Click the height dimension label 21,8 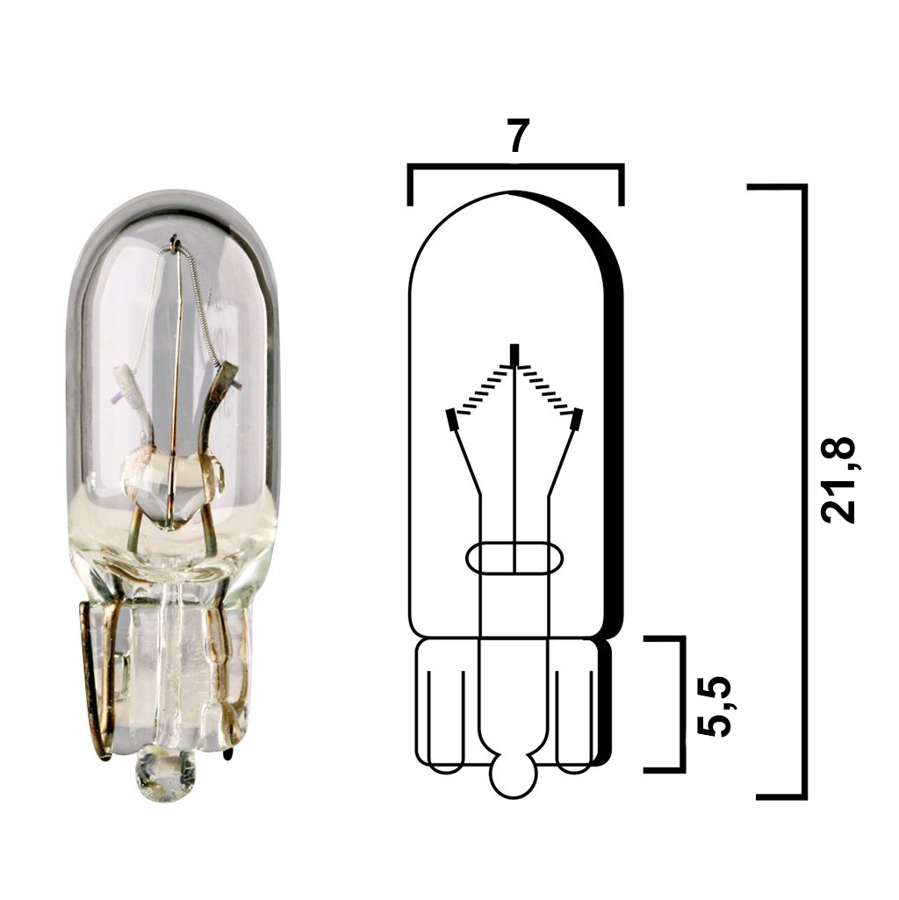pos(838,480)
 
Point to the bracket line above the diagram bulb pos(516,166)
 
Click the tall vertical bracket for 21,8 pos(802,492)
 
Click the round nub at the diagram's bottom pos(514,776)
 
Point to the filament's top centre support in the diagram pos(514,355)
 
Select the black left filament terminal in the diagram pos(451,420)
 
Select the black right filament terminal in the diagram pos(577,420)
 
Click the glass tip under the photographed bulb pos(165,776)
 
